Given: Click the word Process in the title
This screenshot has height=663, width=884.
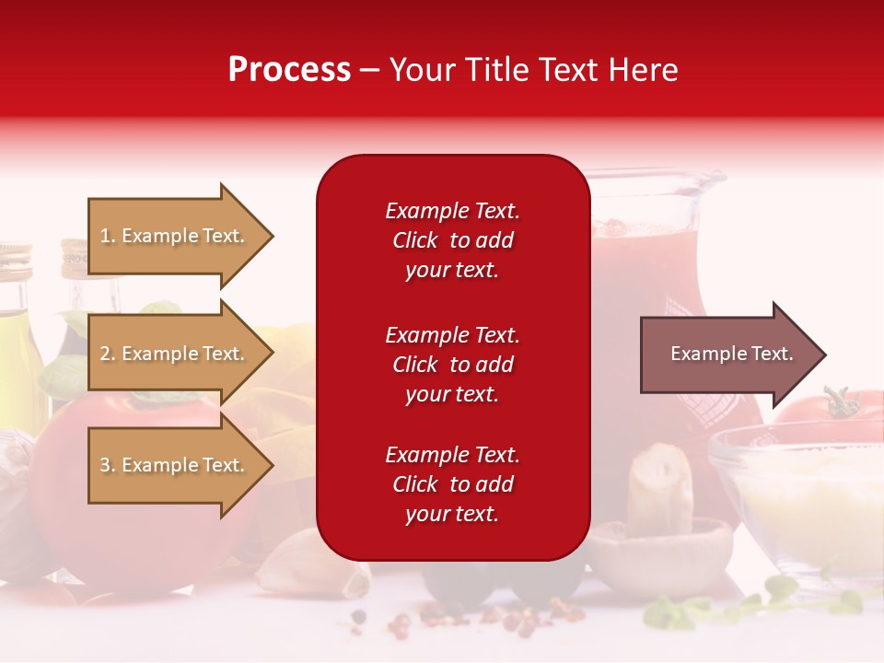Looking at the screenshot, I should click(289, 70).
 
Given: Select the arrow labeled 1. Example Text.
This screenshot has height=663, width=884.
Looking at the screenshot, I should click(175, 236).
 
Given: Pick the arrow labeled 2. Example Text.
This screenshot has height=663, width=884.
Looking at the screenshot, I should click(175, 354).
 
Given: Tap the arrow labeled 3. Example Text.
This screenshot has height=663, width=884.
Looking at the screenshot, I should click(175, 465).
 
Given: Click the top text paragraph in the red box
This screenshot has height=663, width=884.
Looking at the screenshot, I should click(452, 240).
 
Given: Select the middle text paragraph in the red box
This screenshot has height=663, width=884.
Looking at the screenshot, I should click(452, 365).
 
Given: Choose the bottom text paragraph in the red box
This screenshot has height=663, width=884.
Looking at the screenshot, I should click(452, 484).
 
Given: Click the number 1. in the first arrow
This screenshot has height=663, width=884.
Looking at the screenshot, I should click(108, 236).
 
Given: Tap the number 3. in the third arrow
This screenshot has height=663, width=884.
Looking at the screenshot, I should click(108, 465).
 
